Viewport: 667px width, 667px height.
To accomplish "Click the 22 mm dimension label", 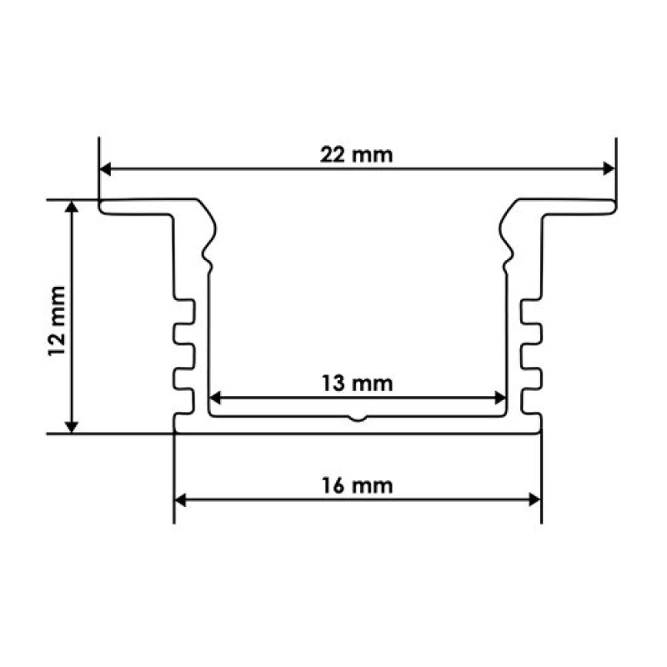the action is click(x=356, y=155).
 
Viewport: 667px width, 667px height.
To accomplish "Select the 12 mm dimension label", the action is click(x=58, y=321).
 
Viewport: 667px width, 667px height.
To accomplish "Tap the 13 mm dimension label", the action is click(x=357, y=384).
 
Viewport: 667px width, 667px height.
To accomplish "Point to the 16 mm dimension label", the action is click(x=357, y=486).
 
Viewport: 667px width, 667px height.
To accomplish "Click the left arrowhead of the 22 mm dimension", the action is click(x=105, y=169).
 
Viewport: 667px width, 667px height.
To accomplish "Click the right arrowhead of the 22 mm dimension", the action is click(x=609, y=169).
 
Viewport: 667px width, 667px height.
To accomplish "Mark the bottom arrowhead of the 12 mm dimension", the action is click(x=72, y=427).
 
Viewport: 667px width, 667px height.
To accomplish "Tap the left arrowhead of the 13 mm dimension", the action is click(x=215, y=399).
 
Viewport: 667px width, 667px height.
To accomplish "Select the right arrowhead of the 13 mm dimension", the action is click(x=500, y=399).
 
